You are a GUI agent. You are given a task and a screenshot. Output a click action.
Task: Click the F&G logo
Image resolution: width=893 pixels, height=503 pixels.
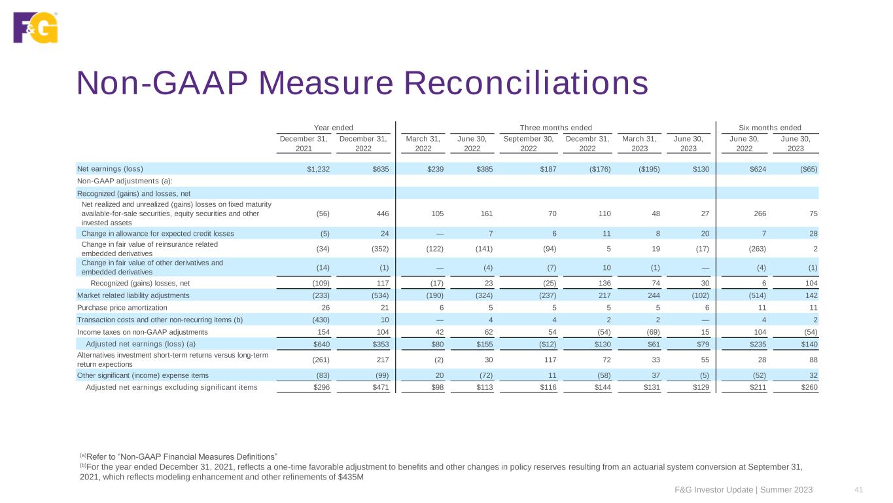click(35, 28)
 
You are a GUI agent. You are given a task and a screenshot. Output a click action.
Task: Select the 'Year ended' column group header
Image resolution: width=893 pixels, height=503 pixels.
click(333, 127)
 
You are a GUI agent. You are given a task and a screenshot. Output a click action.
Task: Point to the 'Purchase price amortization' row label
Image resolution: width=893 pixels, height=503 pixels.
click(122, 307)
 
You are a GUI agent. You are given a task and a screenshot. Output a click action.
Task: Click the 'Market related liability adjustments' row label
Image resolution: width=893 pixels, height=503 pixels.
click(133, 295)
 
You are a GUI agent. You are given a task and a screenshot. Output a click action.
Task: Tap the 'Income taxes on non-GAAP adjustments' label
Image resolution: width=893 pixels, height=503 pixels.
click(139, 332)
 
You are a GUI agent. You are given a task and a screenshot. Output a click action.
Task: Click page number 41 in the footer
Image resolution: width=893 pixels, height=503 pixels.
click(857, 490)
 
